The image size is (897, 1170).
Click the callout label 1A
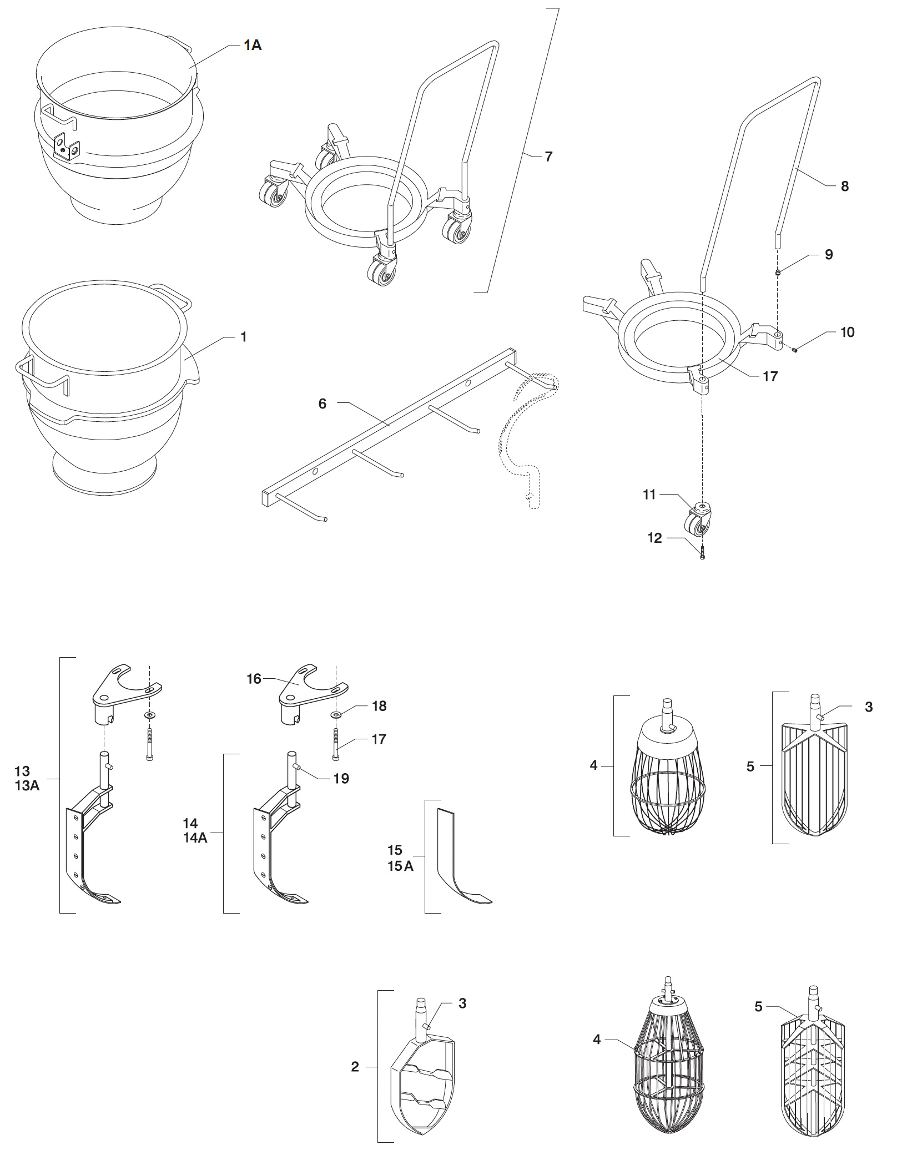pyautogui.click(x=253, y=46)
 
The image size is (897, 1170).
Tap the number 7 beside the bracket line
pyautogui.click(x=548, y=157)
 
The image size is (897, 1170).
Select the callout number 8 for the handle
pyautogui.click(x=844, y=186)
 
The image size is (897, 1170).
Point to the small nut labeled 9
pyautogui.click(x=778, y=272)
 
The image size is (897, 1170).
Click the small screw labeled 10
pyautogui.click(x=795, y=350)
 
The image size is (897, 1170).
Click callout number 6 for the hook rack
pyautogui.click(x=322, y=404)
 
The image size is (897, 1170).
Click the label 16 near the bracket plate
pyautogui.click(x=254, y=679)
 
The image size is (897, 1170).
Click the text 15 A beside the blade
pyautogui.click(x=400, y=866)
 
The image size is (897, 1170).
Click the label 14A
pyautogui.click(x=195, y=838)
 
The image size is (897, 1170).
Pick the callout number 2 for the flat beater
pyautogui.click(x=355, y=1067)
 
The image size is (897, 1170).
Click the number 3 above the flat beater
pyautogui.click(x=462, y=1003)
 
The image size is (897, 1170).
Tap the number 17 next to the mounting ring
pyautogui.click(x=770, y=377)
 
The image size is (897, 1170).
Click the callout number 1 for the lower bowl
pyautogui.click(x=243, y=337)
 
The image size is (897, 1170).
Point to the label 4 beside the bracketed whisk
pyautogui.click(x=593, y=766)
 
